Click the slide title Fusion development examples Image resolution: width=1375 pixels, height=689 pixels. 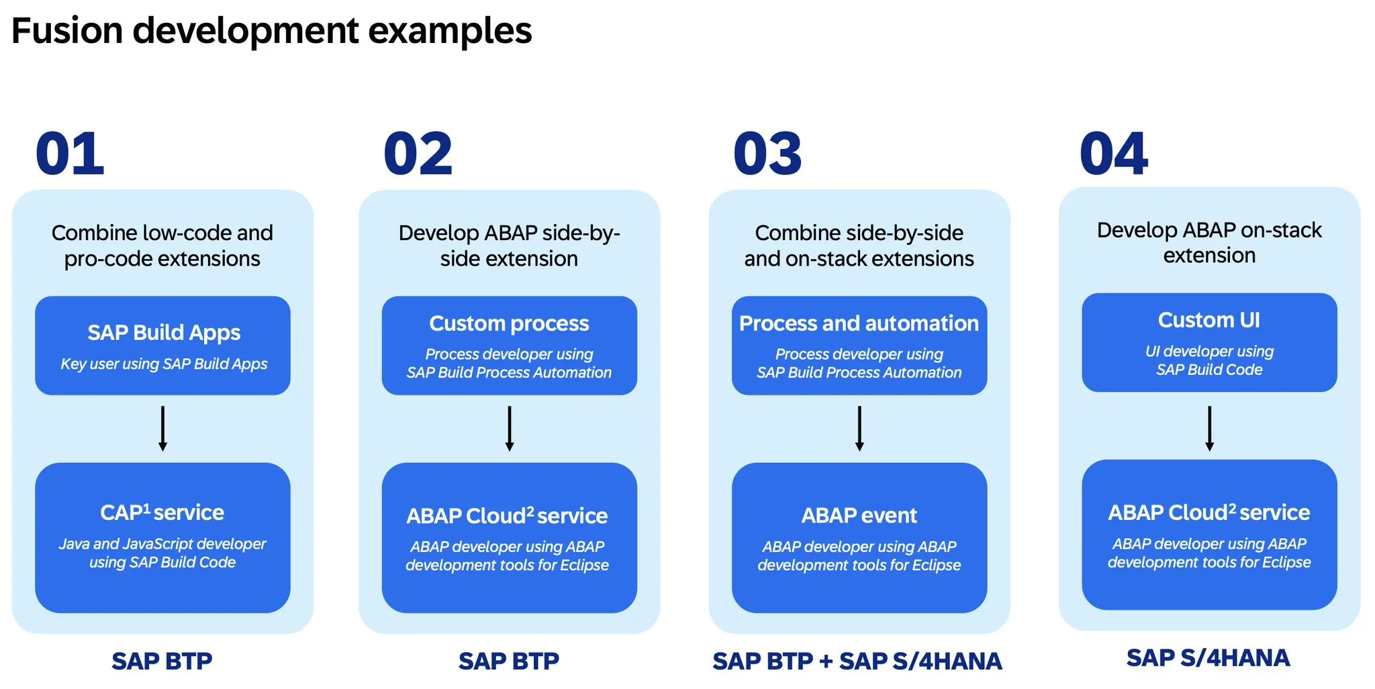[x=271, y=31]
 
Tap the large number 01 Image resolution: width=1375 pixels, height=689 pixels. [x=70, y=154]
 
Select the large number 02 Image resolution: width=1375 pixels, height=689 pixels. [x=418, y=154]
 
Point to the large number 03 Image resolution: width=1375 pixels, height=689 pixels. [x=767, y=154]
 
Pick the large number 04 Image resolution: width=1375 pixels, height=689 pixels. [x=1114, y=154]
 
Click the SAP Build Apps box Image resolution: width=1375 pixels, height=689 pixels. [x=162, y=346]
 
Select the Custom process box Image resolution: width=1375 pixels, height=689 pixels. [x=510, y=346]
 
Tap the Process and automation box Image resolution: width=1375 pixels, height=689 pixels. [x=859, y=346]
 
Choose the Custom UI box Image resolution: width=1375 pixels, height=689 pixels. [x=1209, y=342]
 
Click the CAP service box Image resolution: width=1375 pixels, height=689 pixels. [x=162, y=537]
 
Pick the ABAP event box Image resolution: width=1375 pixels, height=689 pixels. [x=859, y=537]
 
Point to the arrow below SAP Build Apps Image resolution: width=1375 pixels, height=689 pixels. [x=162, y=428]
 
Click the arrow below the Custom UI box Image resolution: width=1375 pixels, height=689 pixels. [x=1209, y=428]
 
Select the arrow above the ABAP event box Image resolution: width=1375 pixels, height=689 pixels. [x=859, y=428]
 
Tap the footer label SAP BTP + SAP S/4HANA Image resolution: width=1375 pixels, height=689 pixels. [x=857, y=661]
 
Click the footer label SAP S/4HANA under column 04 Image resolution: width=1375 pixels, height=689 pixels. [x=1208, y=658]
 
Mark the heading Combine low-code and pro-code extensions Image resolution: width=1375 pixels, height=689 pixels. [x=162, y=246]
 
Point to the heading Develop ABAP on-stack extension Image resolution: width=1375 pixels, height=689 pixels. [x=1209, y=242]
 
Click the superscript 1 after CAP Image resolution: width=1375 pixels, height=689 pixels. [x=147, y=508]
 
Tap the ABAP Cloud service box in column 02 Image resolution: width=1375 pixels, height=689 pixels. [x=510, y=537]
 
